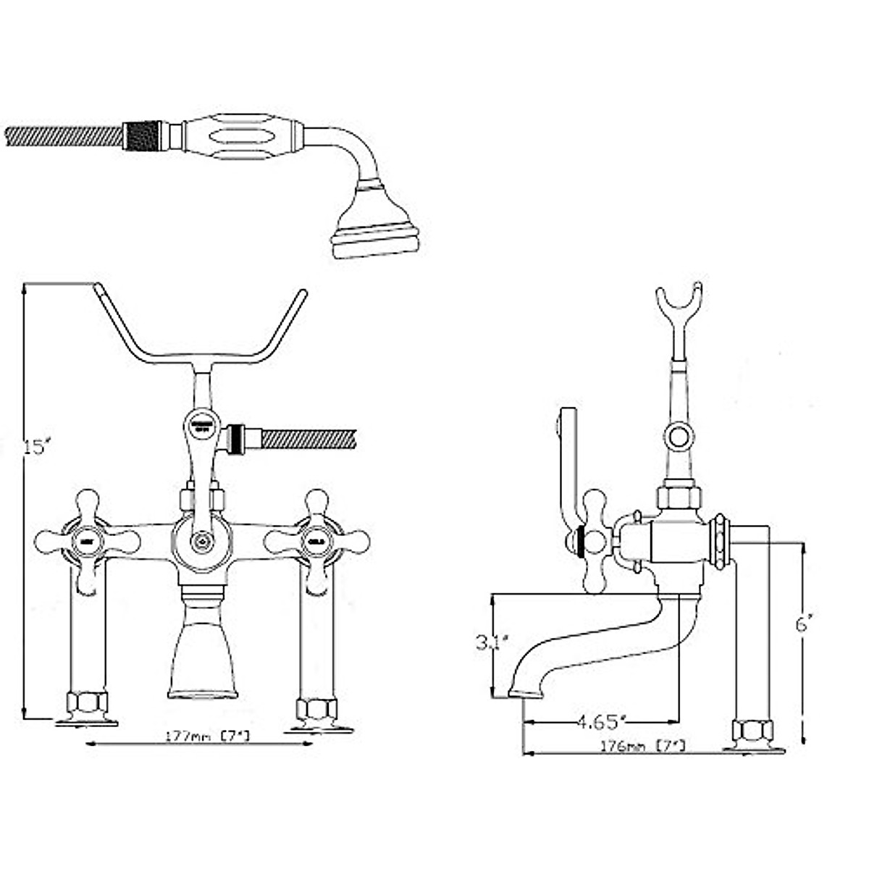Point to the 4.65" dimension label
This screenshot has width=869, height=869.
600,721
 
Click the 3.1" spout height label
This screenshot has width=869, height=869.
492,642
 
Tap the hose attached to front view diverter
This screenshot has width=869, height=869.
308,439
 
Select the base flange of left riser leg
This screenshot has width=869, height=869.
87,721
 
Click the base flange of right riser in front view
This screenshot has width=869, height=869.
319,726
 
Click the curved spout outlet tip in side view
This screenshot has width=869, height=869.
525,693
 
